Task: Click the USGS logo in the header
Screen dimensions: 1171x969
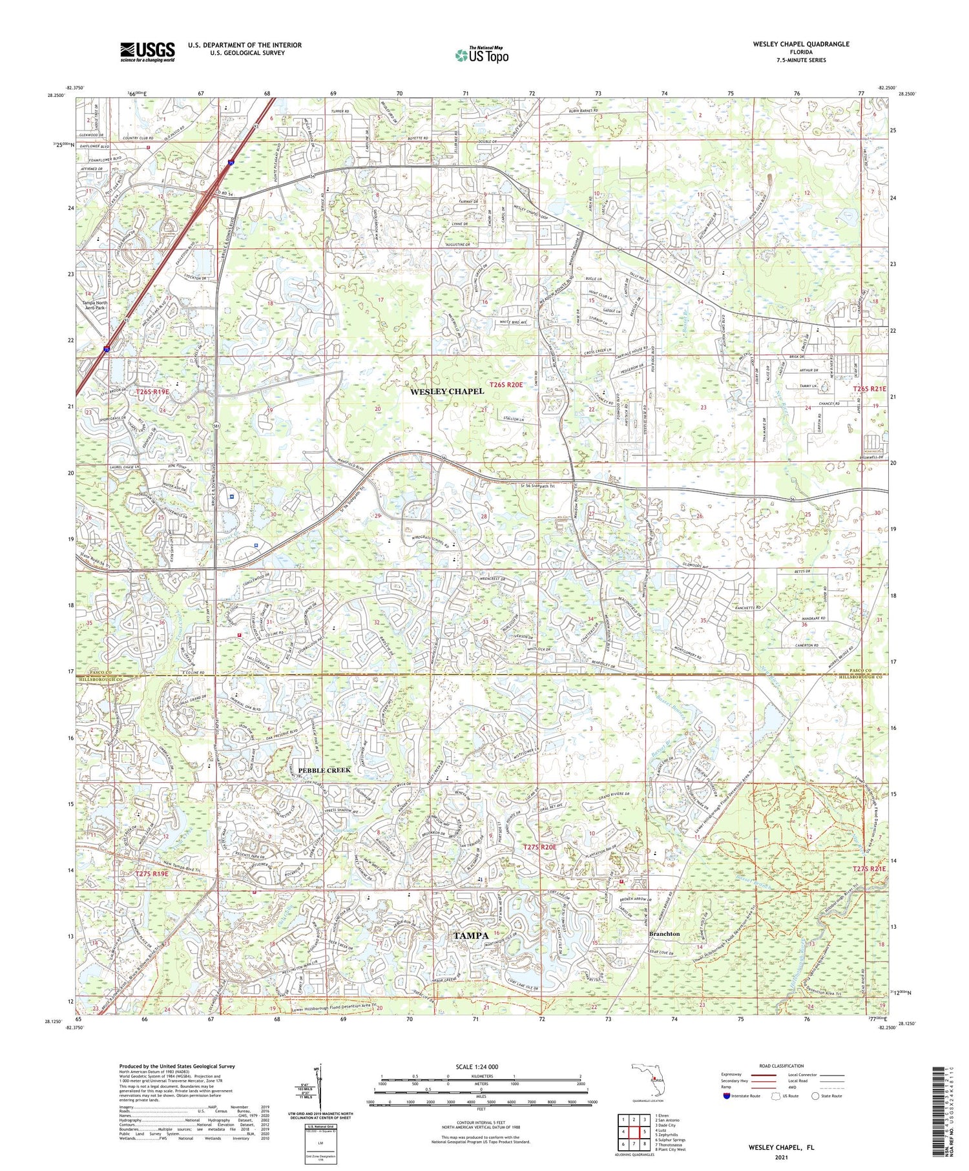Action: pos(147,52)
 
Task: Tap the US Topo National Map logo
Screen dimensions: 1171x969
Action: pos(481,55)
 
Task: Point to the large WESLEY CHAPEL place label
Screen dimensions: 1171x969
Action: pos(446,391)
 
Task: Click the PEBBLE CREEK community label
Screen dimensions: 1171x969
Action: pos(324,770)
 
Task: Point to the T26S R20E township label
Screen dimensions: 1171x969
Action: pos(506,384)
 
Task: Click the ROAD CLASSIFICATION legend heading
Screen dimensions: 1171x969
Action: pos(782,1066)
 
